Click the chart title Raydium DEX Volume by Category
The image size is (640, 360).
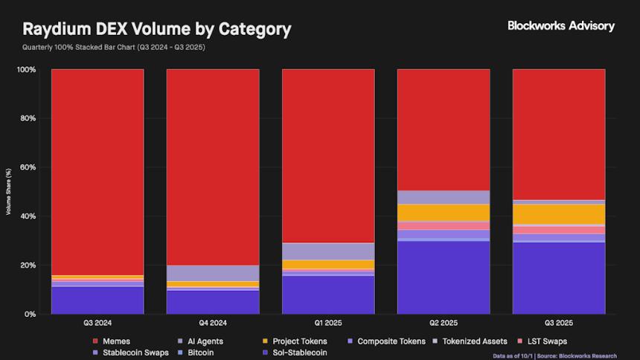[x=157, y=30]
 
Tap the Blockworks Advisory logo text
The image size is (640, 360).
[x=560, y=25]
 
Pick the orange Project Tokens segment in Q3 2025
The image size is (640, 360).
[x=559, y=213]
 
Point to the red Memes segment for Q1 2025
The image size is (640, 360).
[x=328, y=155]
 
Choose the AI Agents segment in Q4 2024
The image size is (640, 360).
[x=213, y=273]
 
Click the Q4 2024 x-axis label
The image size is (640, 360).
[x=213, y=324]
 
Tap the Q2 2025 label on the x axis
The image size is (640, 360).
[x=444, y=324]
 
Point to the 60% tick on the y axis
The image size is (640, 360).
[x=27, y=167]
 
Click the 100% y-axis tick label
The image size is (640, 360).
[x=25, y=69]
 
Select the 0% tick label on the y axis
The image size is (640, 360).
[x=29, y=314]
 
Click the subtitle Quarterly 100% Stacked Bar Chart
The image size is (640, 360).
[x=114, y=48]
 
